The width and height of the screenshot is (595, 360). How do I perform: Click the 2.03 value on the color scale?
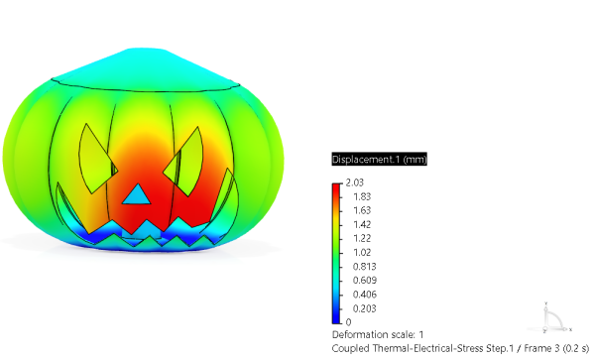click(354, 182)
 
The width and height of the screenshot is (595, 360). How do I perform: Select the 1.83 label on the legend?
click(362, 197)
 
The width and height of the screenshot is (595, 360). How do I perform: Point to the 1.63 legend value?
click(362, 210)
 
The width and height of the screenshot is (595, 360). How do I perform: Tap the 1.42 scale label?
click(362, 224)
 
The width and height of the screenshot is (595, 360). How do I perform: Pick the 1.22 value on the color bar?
click(362, 238)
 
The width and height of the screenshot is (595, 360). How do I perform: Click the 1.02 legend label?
click(362, 252)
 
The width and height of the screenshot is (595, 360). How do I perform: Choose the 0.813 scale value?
click(364, 267)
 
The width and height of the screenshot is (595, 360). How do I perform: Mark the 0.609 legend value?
click(364, 281)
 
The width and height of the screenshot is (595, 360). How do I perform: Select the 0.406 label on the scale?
click(364, 295)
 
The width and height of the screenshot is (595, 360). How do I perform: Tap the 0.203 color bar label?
click(364, 308)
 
